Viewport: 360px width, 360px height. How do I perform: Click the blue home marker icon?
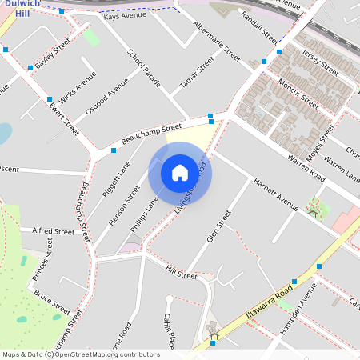pyautogui.click(x=180, y=172)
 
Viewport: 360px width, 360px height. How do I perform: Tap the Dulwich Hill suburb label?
pyautogui.click(x=21, y=8)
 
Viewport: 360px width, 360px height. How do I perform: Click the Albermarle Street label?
pyautogui.click(x=217, y=42)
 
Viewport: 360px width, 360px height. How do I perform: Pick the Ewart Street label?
pyautogui.click(x=64, y=117)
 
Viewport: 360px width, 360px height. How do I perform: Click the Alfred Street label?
pyautogui.click(x=54, y=230)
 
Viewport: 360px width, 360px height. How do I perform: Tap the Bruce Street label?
pyautogui.click(x=50, y=301)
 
